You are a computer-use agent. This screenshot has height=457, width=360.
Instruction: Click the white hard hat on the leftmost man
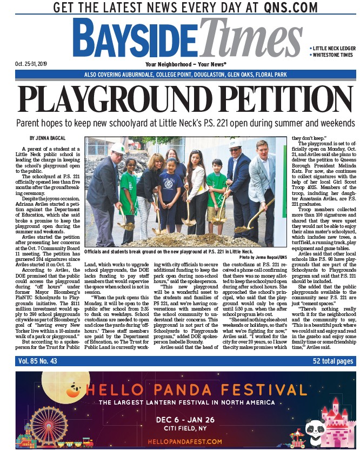pos(118,148)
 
